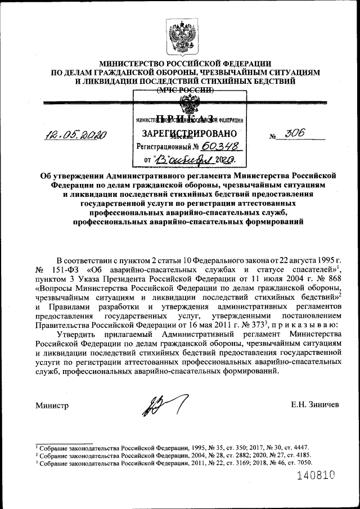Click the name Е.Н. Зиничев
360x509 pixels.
[x=315, y=406]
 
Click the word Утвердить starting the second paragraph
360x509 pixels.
[x=76, y=334]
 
